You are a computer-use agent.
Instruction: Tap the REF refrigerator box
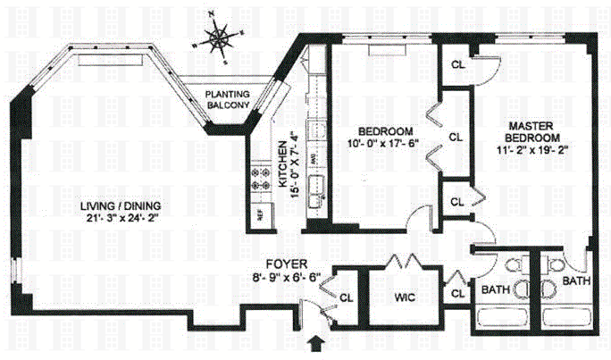262,214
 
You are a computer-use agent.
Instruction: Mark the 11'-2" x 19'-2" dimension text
535,153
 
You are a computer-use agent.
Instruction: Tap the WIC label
406,295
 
